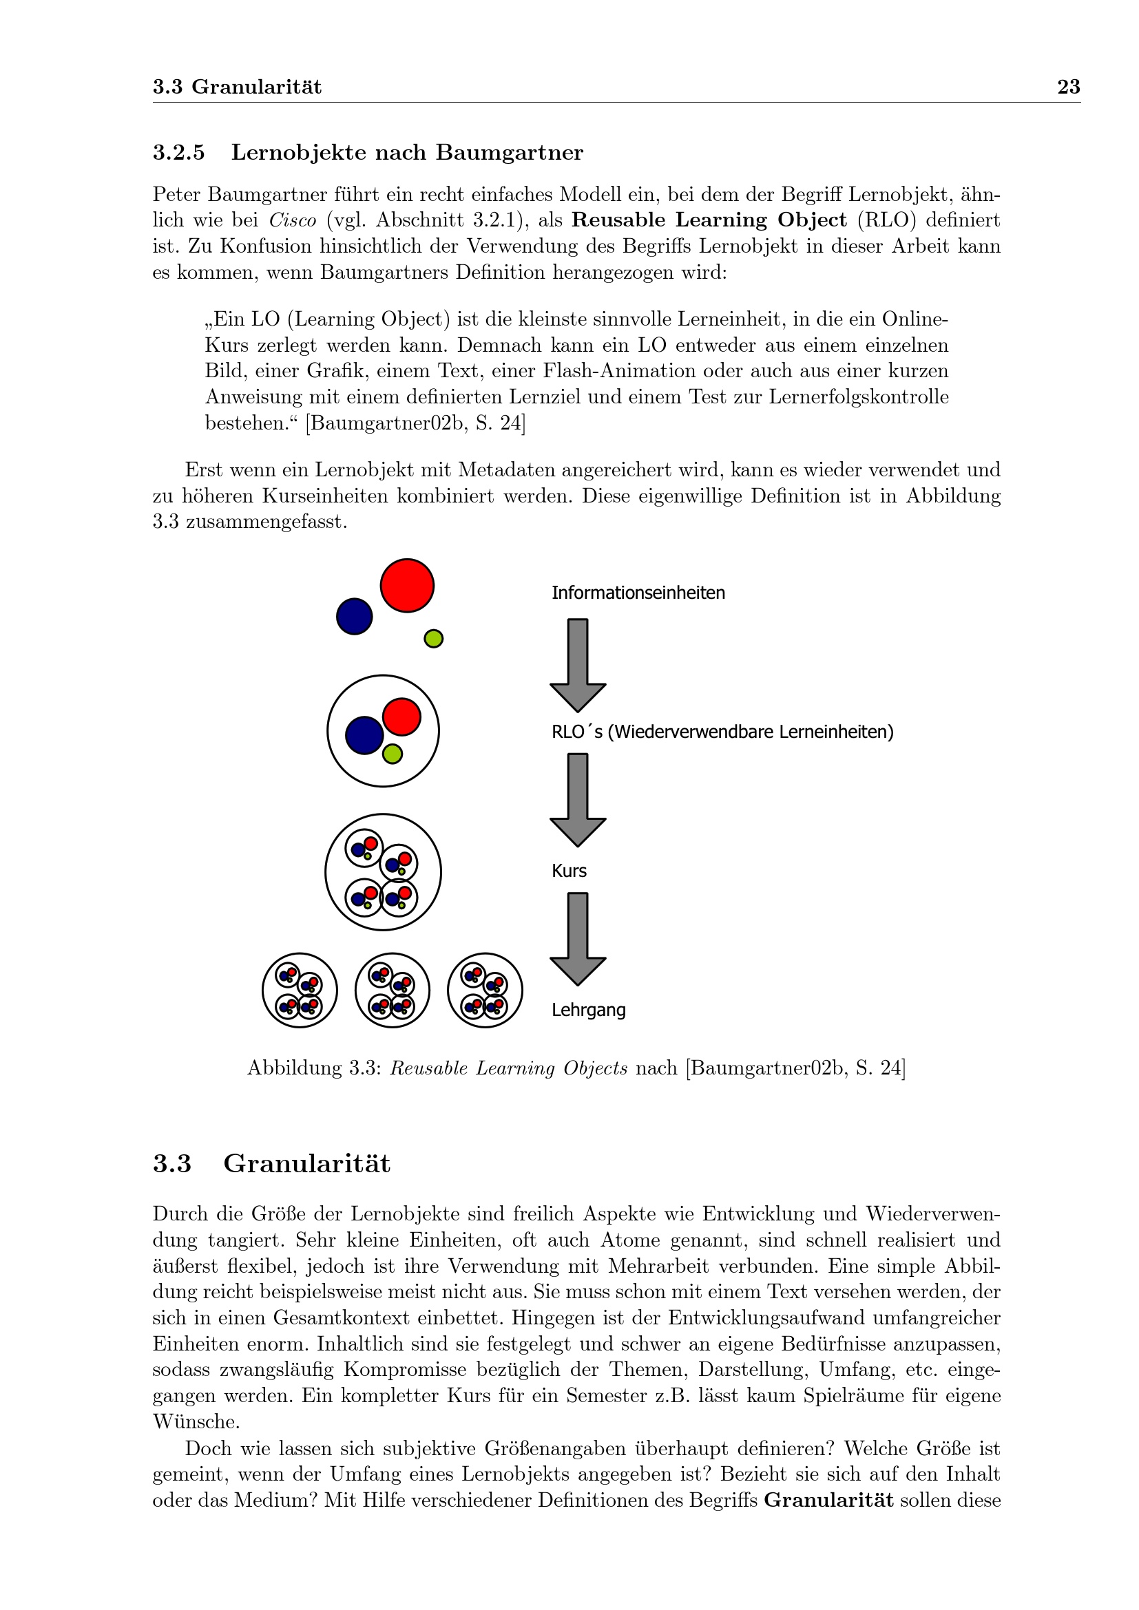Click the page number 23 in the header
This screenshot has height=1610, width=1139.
pos(1068,87)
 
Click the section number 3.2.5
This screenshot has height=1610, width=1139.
pos(179,153)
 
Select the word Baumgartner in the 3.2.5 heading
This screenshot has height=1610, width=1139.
pos(509,153)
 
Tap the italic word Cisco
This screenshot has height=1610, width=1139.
pos(293,220)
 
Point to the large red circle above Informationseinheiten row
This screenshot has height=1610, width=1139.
pos(407,586)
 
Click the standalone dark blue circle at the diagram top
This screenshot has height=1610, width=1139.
pos(354,616)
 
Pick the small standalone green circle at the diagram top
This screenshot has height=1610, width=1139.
pos(433,639)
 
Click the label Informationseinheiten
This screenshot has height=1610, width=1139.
pos(638,593)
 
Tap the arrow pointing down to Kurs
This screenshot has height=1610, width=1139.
pos(578,798)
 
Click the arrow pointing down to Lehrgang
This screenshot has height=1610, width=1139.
pos(578,938)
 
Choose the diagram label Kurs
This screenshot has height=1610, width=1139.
pos(569,871)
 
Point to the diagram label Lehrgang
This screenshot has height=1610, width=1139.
pos(588,1010)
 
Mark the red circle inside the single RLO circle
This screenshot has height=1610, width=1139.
pos(402,717)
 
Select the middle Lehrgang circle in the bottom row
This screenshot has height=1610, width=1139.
pos(392,990)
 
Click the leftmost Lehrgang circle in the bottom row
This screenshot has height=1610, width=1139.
pos(300,990)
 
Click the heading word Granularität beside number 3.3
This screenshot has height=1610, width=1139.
pos(306,1164)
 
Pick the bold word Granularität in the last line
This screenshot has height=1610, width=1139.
pos(828,1501)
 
